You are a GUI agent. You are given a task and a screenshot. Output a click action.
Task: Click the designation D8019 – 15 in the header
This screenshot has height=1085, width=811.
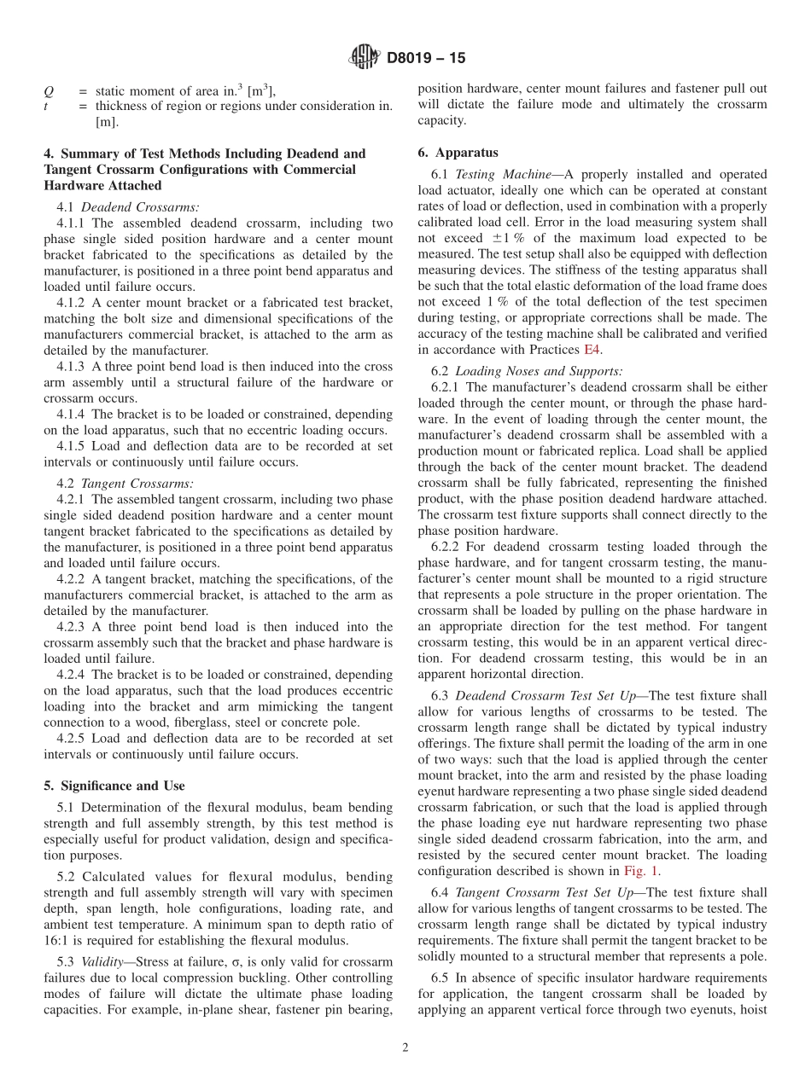[x=426, y=59]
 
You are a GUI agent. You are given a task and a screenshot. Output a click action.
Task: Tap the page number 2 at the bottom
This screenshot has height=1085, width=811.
[x=405, y=1048]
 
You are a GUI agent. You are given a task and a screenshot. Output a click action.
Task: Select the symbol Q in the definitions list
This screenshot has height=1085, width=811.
[x=49, y=91]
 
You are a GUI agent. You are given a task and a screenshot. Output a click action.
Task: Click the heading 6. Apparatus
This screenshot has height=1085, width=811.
[x=458, y=154]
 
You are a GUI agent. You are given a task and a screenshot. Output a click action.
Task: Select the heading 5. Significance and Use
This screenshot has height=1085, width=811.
[x=114, y=786]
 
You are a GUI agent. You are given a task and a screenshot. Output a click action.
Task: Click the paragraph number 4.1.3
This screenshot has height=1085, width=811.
[x=72, y=366]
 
